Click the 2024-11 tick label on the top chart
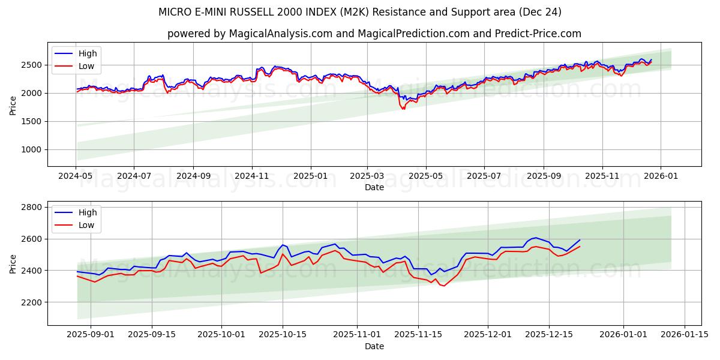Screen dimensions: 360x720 pos(251,176)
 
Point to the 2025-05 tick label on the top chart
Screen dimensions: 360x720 pos(426,176)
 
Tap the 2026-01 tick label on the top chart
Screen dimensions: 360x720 pos(661,176)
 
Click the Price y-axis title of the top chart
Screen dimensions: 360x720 pos(13,105)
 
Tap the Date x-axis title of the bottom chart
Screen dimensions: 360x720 pos(374,346)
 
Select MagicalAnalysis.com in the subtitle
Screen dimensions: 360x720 pos(281,34)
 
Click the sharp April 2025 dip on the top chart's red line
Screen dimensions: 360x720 pos(403,109)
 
